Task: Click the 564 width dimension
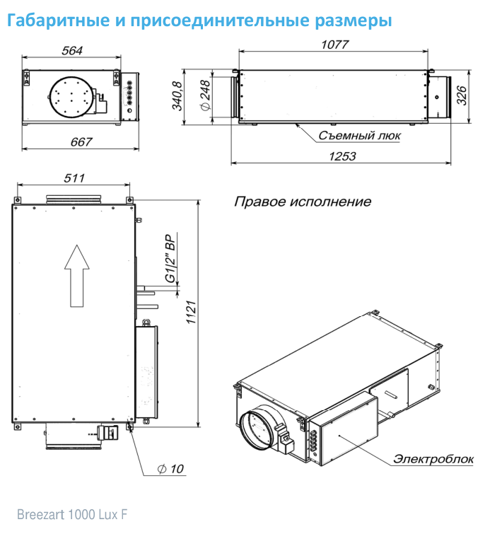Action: pos(72,51)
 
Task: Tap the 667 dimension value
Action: pos(81,141)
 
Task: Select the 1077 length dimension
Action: pos(335,45)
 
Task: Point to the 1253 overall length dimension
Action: pos(342,156)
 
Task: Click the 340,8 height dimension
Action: pos(177,95)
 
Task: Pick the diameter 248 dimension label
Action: pos(206,95)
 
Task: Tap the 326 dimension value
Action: pos(462,95)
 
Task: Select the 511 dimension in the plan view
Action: pos(74,178)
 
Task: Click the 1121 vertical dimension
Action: pos(192,313)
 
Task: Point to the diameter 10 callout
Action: pos(170,469)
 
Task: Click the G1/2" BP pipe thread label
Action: pos(170,258)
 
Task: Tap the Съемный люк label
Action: pos(359,136)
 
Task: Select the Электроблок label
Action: pos(433,459)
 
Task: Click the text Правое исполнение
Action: pos(303,202)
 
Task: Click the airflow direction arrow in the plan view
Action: pos(77,276)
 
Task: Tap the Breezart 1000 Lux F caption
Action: pos(72,514)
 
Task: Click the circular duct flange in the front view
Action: pos(71,98)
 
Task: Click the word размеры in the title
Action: pos(354,21)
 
